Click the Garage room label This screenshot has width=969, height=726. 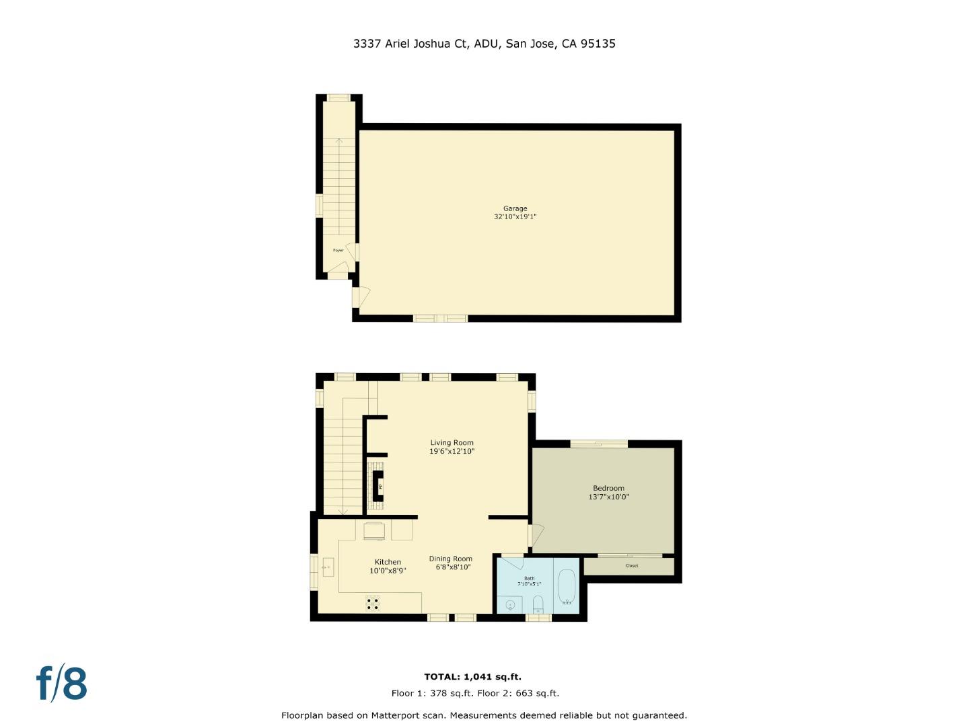click(515, 208)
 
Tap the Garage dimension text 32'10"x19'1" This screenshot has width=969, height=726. click(515, 217)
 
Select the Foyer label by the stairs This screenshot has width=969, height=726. click(338, 250)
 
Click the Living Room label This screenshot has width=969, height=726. click(452, 442)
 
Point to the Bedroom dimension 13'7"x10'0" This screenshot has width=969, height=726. click(608, 497)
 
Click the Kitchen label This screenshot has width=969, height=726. click(388, 562)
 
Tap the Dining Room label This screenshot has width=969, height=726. click(450, 559)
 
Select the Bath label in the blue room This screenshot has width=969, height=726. click(529, 578)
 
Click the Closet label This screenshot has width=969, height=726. click(631, 566)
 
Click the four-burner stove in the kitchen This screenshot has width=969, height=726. click(373, 604)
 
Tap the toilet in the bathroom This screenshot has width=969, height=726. click(538, 604)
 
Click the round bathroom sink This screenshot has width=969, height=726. click(510, 606)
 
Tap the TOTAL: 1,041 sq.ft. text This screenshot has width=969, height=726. click(472, 677)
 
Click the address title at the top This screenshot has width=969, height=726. click(484, 44)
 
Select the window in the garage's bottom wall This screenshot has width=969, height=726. click(440, 319)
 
